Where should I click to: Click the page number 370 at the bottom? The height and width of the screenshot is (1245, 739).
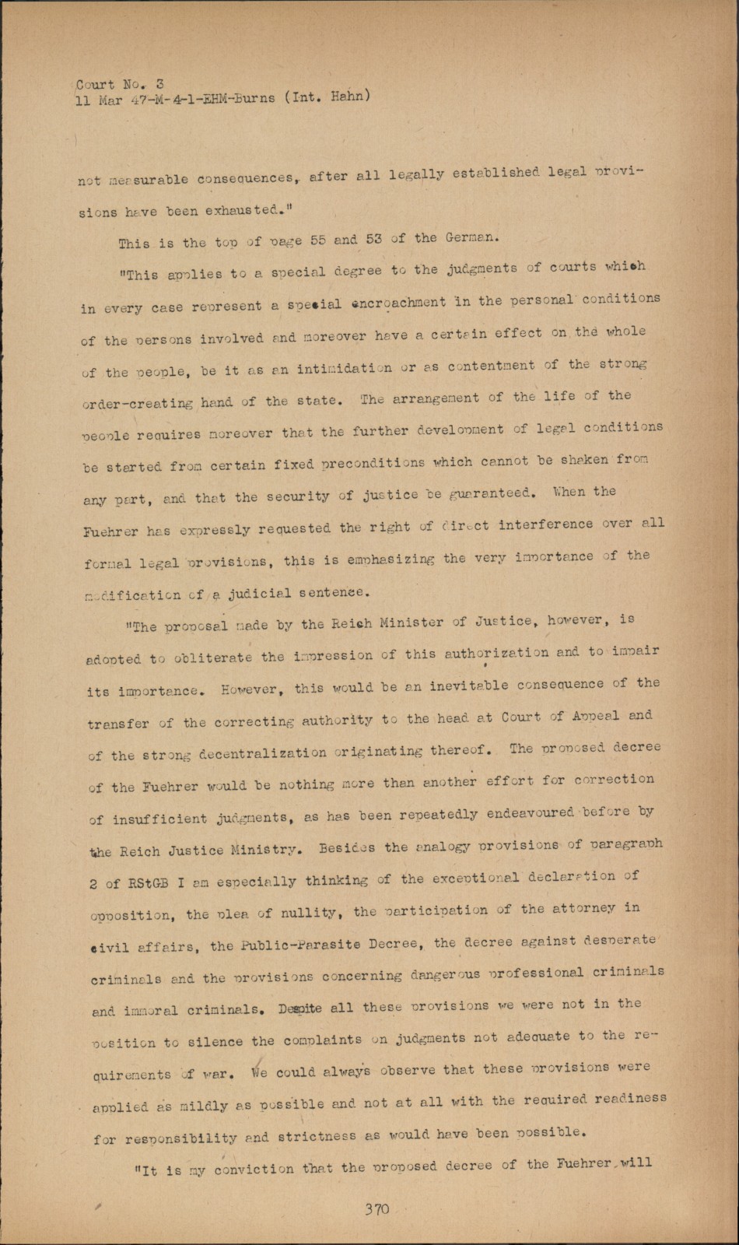click(377, 1209)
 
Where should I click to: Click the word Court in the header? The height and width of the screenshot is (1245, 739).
click(95, 84)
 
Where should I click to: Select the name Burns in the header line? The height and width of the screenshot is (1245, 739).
click(250, 99)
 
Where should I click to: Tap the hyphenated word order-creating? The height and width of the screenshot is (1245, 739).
click(137, 404)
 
